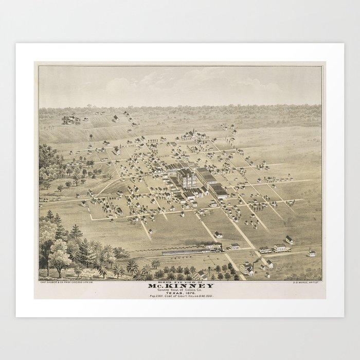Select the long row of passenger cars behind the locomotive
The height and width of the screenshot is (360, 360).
(183, 252)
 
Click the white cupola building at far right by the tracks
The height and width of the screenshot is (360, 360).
(311, 253)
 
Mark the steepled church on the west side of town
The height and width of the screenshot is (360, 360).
(117, 150)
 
